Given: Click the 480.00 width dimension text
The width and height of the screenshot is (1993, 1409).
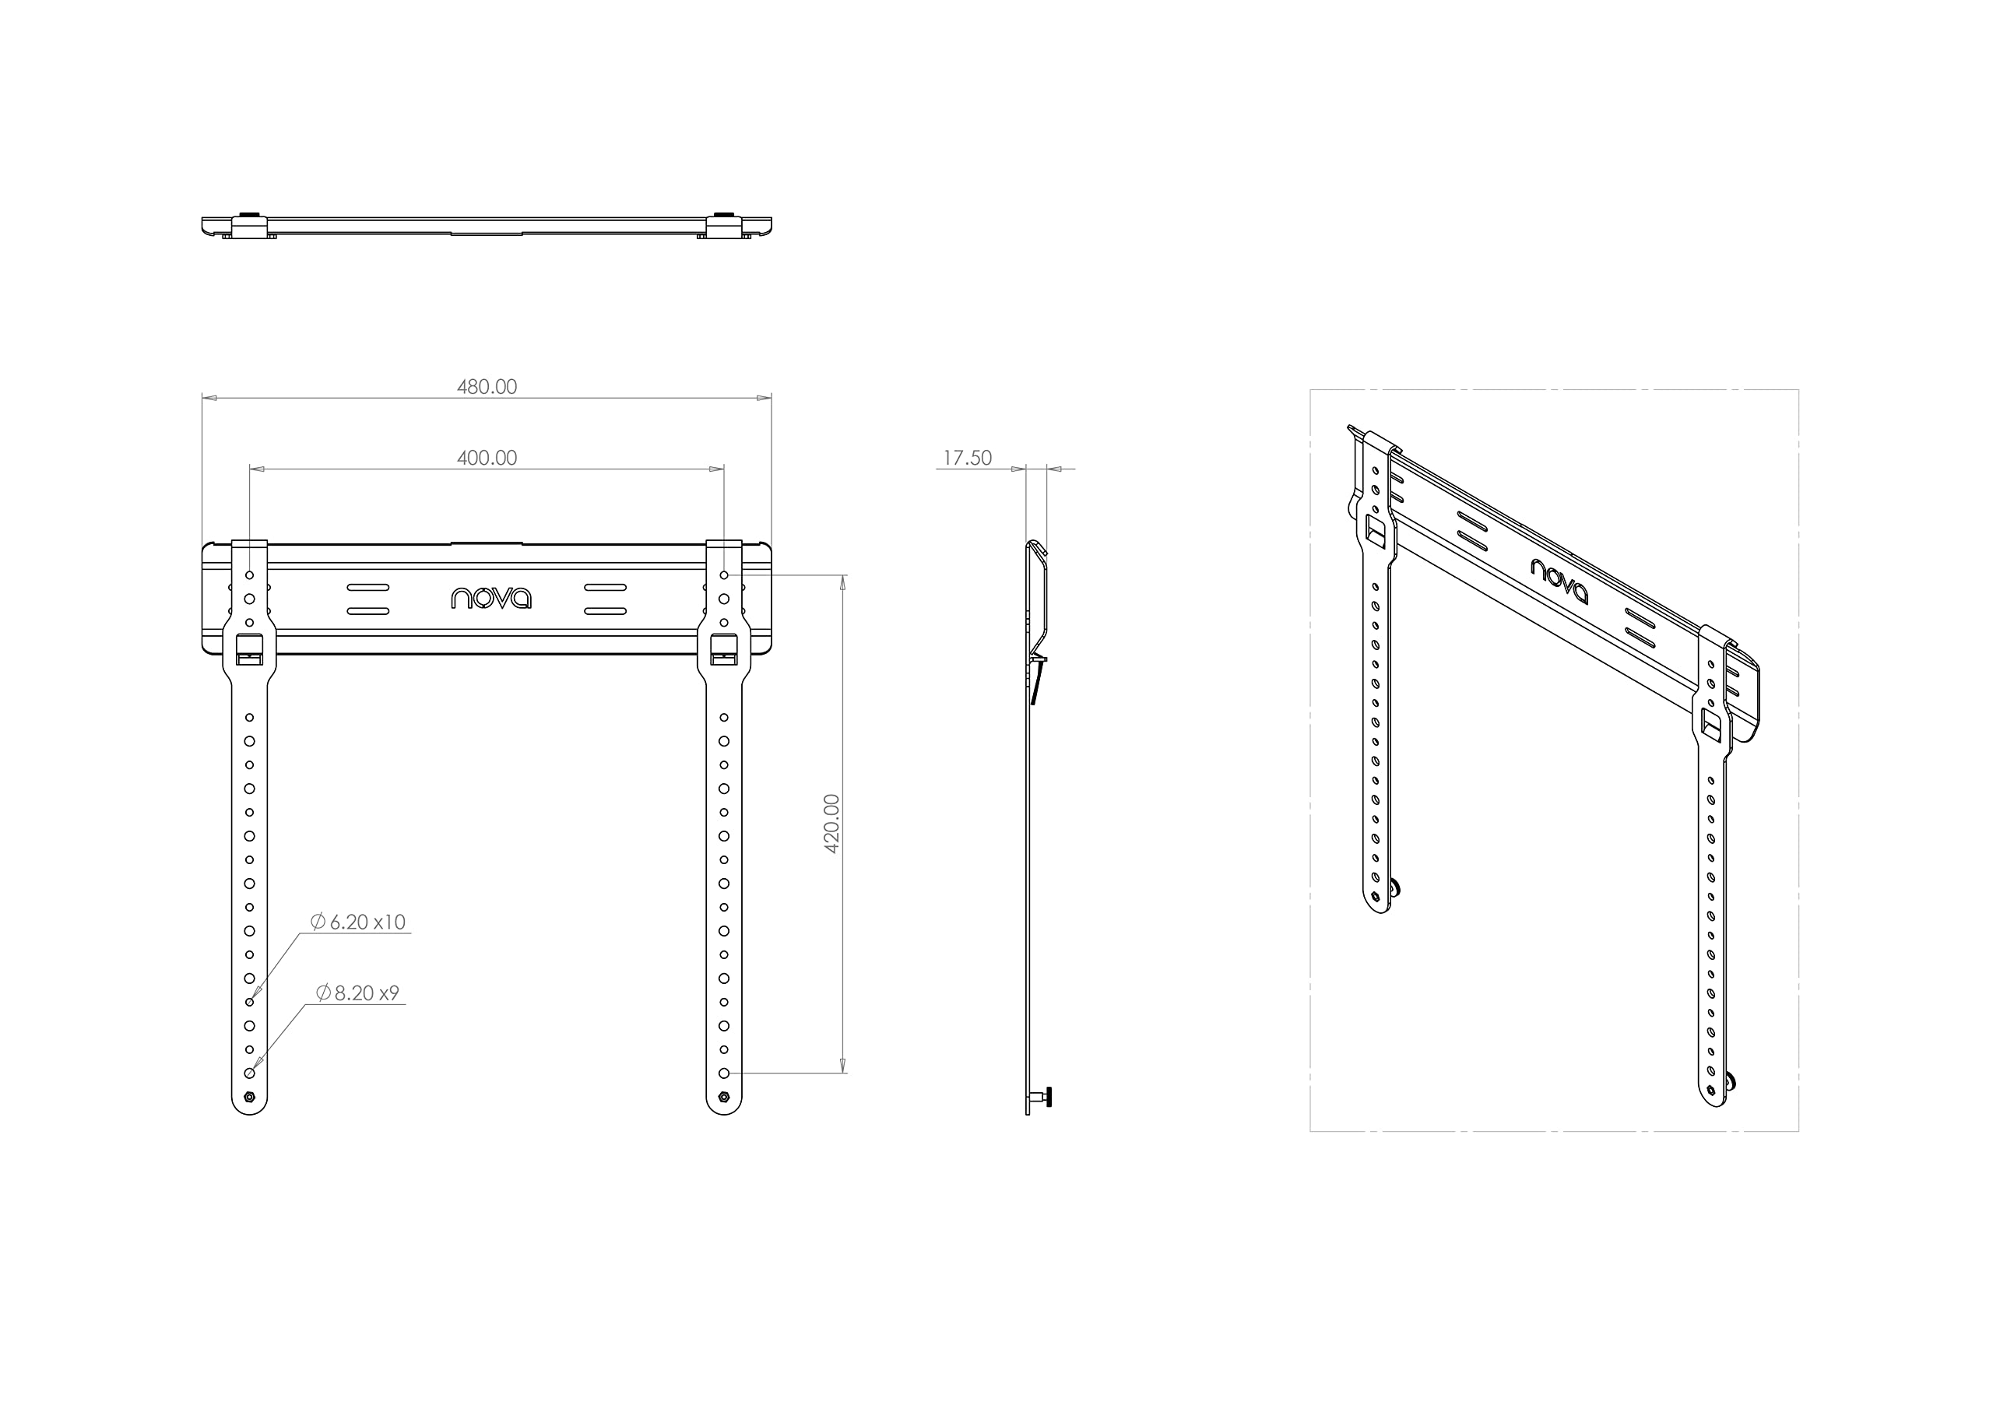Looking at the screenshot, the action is pos(487,387).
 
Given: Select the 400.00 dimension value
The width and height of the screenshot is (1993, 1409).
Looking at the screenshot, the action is pos(487,459).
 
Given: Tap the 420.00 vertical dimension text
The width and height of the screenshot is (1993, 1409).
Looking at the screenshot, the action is pos(831,824).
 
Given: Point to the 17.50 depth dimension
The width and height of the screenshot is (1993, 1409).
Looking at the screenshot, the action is pos(967,459).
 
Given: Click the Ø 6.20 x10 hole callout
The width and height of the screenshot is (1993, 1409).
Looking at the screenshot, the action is pos(357,922).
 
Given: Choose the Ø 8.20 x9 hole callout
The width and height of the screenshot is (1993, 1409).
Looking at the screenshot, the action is pos(357,993).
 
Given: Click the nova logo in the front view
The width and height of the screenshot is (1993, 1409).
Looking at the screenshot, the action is pos(491,597).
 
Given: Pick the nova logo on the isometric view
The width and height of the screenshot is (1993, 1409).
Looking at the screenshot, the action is pos(1560,581).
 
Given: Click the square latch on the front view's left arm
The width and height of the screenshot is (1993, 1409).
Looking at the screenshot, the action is pos(250,649).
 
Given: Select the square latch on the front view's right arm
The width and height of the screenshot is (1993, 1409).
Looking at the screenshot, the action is pos(724,649).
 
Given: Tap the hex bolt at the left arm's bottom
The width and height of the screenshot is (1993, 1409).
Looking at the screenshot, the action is pos(250,1098).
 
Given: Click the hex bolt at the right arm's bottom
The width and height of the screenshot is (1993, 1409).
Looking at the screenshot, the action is pos(724,1098).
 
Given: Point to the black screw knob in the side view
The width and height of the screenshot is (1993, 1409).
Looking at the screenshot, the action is pos(1049,1098).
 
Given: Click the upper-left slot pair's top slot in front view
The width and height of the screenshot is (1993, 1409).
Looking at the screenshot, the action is pos(368,588).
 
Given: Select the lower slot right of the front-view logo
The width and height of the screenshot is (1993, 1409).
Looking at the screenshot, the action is pos(606,611).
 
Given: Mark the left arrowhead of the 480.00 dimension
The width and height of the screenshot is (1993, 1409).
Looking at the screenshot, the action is pos(209,399).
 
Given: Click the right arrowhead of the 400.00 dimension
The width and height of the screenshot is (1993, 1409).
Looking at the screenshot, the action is pos(717,469).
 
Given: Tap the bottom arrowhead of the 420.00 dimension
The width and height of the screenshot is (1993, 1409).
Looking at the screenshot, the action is pos(841,1066).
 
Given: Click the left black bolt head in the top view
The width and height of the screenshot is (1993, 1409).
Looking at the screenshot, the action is pos(250,213).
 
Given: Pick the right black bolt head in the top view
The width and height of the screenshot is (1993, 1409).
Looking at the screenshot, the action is pos(724,213).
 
